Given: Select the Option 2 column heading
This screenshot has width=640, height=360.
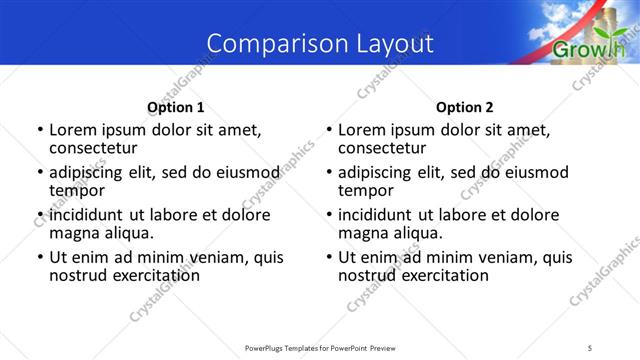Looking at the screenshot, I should (x=464, y=107).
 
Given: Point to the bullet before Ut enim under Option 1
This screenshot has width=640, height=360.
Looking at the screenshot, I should (x=39, y=257).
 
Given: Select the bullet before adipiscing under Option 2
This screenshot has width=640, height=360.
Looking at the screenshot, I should (x=328, y=173).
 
